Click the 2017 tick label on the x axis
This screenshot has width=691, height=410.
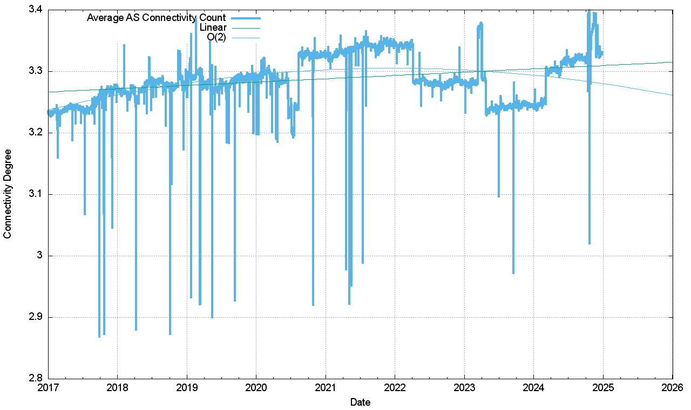click(x=48, y=387)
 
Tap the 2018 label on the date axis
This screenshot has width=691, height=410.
click(x=117, y=387)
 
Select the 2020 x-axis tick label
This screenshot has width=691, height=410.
click(x=256, y=387)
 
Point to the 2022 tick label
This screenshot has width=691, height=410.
click(x=395, y=387)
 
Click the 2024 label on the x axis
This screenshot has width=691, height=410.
click(x=533, y=387)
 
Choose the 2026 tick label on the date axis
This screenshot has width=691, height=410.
click(x=672, y=387)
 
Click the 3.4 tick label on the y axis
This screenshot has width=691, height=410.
click(x=36, y=10)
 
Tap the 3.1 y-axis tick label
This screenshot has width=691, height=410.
click(x=36, y=194)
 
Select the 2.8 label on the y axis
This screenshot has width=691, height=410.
click(x=36, y=379)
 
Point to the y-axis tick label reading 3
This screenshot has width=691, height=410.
click(x=40, y=256)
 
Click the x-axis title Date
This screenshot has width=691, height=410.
click(x=360, y=402)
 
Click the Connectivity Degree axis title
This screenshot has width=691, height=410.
click(x=8, y=194)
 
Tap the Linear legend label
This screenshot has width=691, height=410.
click(x=213, y=28)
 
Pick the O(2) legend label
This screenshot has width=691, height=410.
click(x=216, y=37)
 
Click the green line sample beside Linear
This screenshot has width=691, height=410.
click(x=245, y=28)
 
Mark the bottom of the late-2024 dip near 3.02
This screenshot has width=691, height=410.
click(x=589, y=243)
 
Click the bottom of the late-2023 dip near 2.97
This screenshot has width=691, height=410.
click(x=513, y=273)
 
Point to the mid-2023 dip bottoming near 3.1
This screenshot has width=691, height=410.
click(x=498, y=196)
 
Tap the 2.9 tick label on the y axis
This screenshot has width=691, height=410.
click(x=36, y=317)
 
